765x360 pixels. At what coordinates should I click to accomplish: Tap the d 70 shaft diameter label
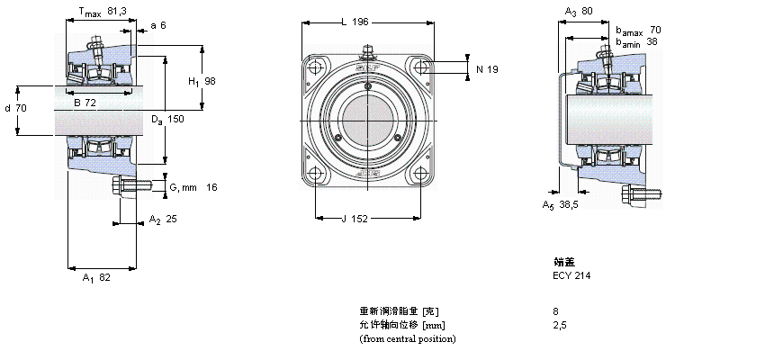(15, 108)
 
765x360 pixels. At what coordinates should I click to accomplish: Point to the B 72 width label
(85, 103)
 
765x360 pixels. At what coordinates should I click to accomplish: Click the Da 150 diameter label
(167, 120)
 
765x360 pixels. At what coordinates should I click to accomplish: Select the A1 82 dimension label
(96, 278)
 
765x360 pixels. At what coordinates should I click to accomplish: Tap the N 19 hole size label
(487, 68)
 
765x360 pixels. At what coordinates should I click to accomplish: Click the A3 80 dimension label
(579, 12)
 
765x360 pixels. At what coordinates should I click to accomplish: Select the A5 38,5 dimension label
(561, 205)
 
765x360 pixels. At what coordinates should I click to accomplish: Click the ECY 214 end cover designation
(571, 275)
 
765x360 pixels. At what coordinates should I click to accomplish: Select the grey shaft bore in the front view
(367, 121)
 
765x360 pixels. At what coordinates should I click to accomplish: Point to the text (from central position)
(408, 338)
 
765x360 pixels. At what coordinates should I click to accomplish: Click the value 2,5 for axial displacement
(559, 325)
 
